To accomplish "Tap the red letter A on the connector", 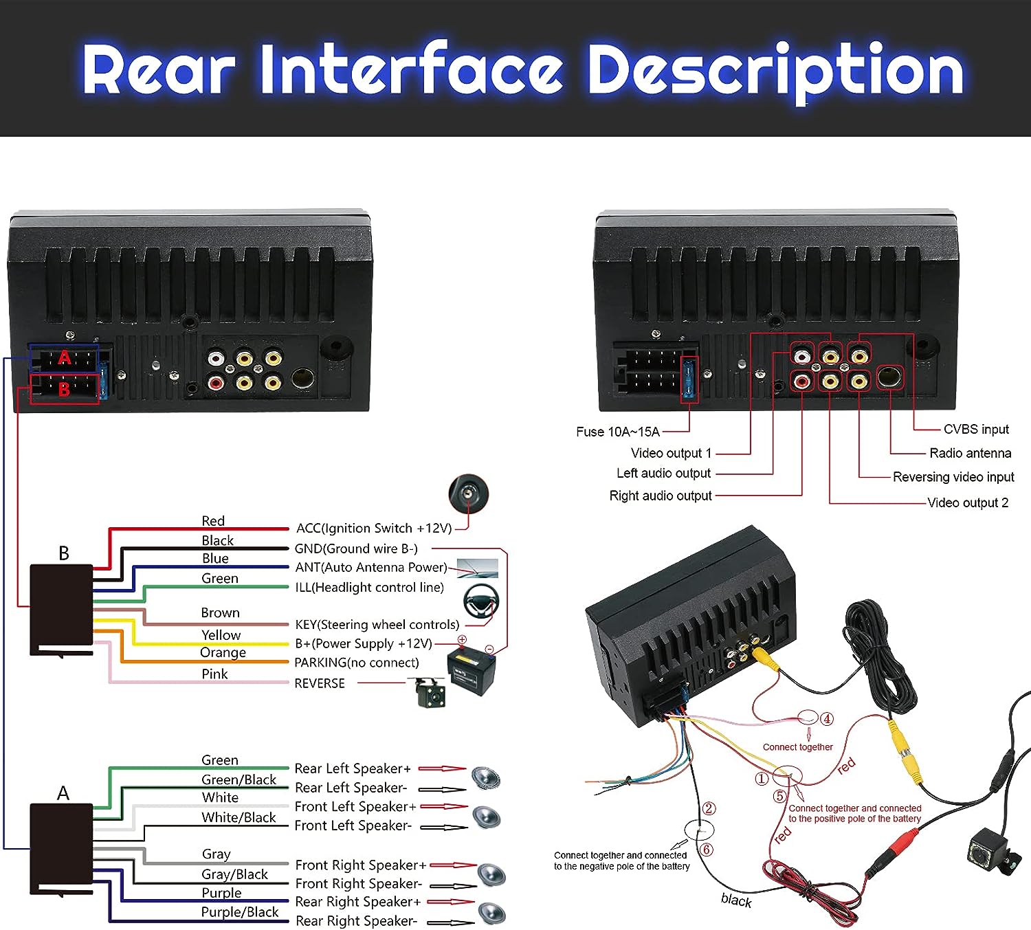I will coord(65,357).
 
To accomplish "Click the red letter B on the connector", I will coord(64,389).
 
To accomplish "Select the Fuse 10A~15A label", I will coord(617,432).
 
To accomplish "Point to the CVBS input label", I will coord(975,429).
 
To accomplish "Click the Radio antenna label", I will coord(970,453).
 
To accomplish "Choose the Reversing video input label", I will coord(953,477).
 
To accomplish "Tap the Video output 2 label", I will coord(968,502).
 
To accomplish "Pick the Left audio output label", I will coord(663,473).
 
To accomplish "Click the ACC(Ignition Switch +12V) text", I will coord(373,528).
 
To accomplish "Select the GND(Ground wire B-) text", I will coord(355,549).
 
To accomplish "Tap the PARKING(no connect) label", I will coord(356,663).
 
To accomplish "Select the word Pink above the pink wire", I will coord(214,674).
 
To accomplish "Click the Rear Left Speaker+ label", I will coord(352,768).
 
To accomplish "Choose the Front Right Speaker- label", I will coord(358,883).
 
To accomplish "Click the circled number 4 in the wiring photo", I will coord(827,719).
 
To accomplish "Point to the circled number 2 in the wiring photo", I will coord(709,808).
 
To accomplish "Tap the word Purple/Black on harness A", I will coord(239,912).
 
